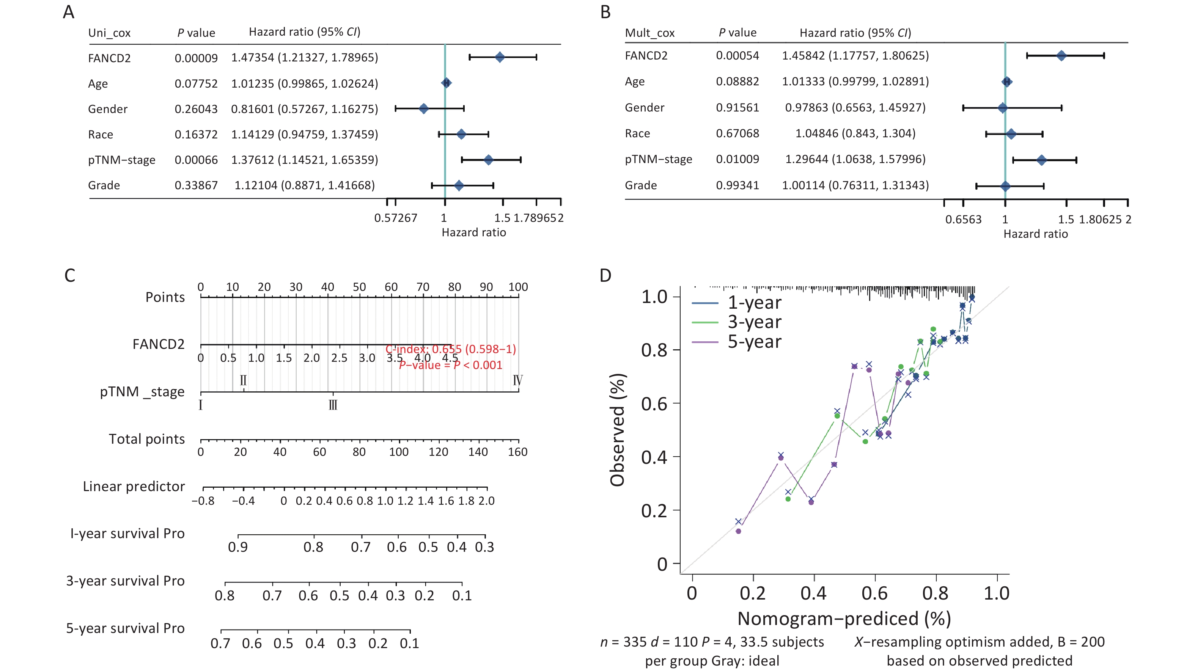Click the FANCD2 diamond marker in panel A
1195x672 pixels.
point(500,58)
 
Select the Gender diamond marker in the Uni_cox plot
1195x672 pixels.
point(423,109)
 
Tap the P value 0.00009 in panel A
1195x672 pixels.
point(196,58)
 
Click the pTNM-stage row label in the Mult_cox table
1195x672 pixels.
point(658,159)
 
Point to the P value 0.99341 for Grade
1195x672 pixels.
point(737,185)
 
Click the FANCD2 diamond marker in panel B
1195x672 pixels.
point(1061,56)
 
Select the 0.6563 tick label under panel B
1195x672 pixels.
point(963,219)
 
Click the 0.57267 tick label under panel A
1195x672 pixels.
point(396,218)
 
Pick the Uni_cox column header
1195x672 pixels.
point(110,33)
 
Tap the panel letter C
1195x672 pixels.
point(69,275)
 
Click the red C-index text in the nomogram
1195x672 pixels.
point(450,349)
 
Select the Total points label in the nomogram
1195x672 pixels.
point(146,439)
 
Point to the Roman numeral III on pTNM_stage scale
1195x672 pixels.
point(333,405)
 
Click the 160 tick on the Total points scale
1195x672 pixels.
point(517,452)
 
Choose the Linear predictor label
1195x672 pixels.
point(134,486)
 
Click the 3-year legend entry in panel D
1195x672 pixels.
point(754,322)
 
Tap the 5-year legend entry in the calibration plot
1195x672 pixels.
point(754,342)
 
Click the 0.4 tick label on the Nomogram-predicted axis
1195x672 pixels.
point(814,593)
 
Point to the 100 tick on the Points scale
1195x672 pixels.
point(518,287)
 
